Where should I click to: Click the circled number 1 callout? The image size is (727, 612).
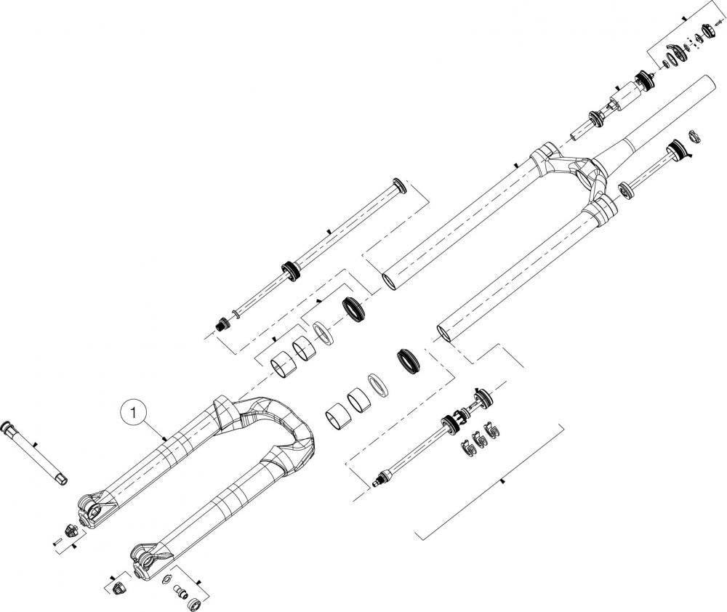[x=134, y=411]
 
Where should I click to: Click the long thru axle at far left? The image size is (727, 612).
[x=35, y=454]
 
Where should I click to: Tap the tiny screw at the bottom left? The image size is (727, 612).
[x=57, y=541]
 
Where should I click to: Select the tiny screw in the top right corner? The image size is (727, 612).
[x=720, y=23]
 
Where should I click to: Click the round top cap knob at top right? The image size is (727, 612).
[x=707, y=30]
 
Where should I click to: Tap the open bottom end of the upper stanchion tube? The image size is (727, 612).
[x=390, y=281]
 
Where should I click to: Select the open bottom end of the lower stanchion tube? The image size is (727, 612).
[x=445, y=334]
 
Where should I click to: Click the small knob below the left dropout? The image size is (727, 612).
[x=71, y=530]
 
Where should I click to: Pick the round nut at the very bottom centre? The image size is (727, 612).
[x=194, y=603]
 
